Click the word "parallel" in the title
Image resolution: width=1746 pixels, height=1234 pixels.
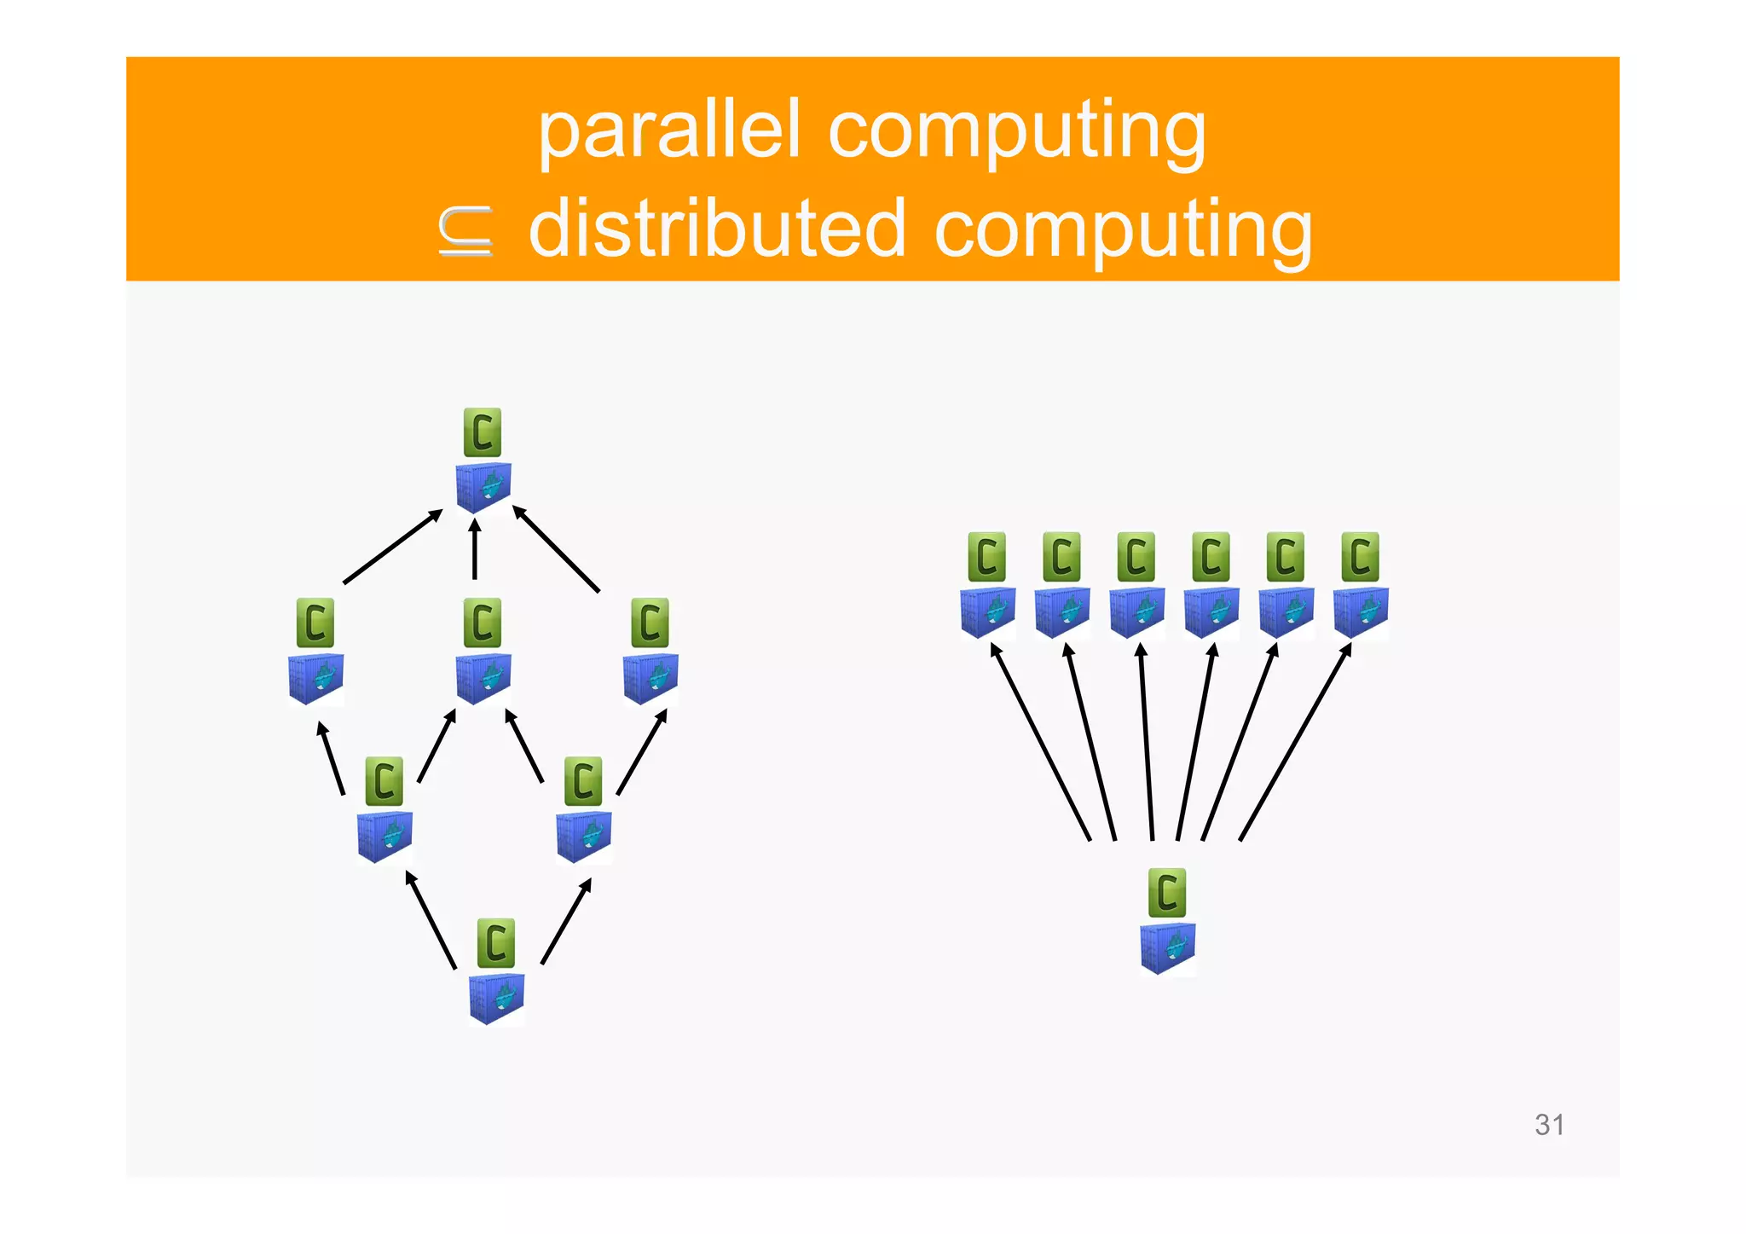[668, 131]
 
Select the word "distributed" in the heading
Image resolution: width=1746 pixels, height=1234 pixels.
[716, 229]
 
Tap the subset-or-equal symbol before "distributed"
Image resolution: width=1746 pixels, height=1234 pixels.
[465, 231]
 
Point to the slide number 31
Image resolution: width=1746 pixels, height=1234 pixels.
[1549, 1125]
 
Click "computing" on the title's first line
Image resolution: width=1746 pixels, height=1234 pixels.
[1016, 131]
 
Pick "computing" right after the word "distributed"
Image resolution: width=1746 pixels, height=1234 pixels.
[1123, 229]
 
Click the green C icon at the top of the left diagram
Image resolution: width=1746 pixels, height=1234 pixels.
[483, 432]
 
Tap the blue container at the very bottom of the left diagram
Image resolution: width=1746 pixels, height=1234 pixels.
[496, 999]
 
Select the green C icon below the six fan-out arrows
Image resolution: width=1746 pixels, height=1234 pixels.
[1167, 893]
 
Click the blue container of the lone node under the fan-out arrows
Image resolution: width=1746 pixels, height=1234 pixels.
[1167, 948]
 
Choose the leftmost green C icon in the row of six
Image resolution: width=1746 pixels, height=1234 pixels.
[987, 557]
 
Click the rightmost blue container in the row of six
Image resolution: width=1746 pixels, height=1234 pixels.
[1361, 612]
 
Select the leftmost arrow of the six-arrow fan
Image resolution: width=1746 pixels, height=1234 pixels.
[1040, 742]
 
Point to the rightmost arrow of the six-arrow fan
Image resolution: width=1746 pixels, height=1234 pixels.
[1295, 742]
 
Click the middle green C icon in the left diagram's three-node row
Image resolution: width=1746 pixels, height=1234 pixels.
[483, 623]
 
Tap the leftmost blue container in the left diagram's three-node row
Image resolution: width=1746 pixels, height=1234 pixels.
[316, 678]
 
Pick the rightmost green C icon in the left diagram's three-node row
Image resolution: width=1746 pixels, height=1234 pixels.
[650, 623]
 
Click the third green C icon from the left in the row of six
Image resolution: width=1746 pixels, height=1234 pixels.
[1136, 557]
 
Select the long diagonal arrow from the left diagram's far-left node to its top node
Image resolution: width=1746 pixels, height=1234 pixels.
[392, 547]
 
